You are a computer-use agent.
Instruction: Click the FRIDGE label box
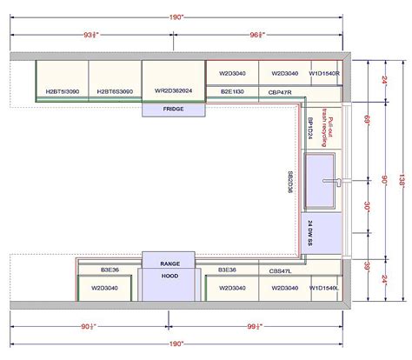(173, 110)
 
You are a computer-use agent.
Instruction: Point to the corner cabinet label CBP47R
(279, 91)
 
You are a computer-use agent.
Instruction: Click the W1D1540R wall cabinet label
(325, 73)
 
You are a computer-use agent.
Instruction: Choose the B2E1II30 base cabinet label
(232, 91)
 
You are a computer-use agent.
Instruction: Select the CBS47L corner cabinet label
(279, 270)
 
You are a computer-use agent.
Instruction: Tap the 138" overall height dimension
(402, 181)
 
